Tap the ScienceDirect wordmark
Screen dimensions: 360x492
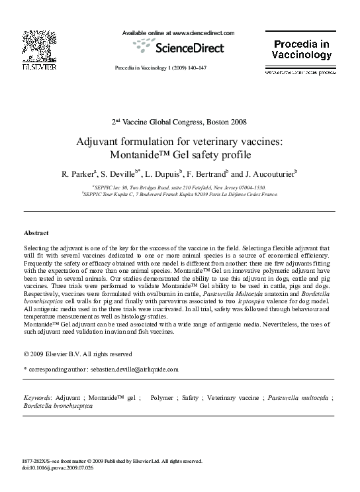click(189, 48)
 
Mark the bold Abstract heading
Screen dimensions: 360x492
click(36, 234)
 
